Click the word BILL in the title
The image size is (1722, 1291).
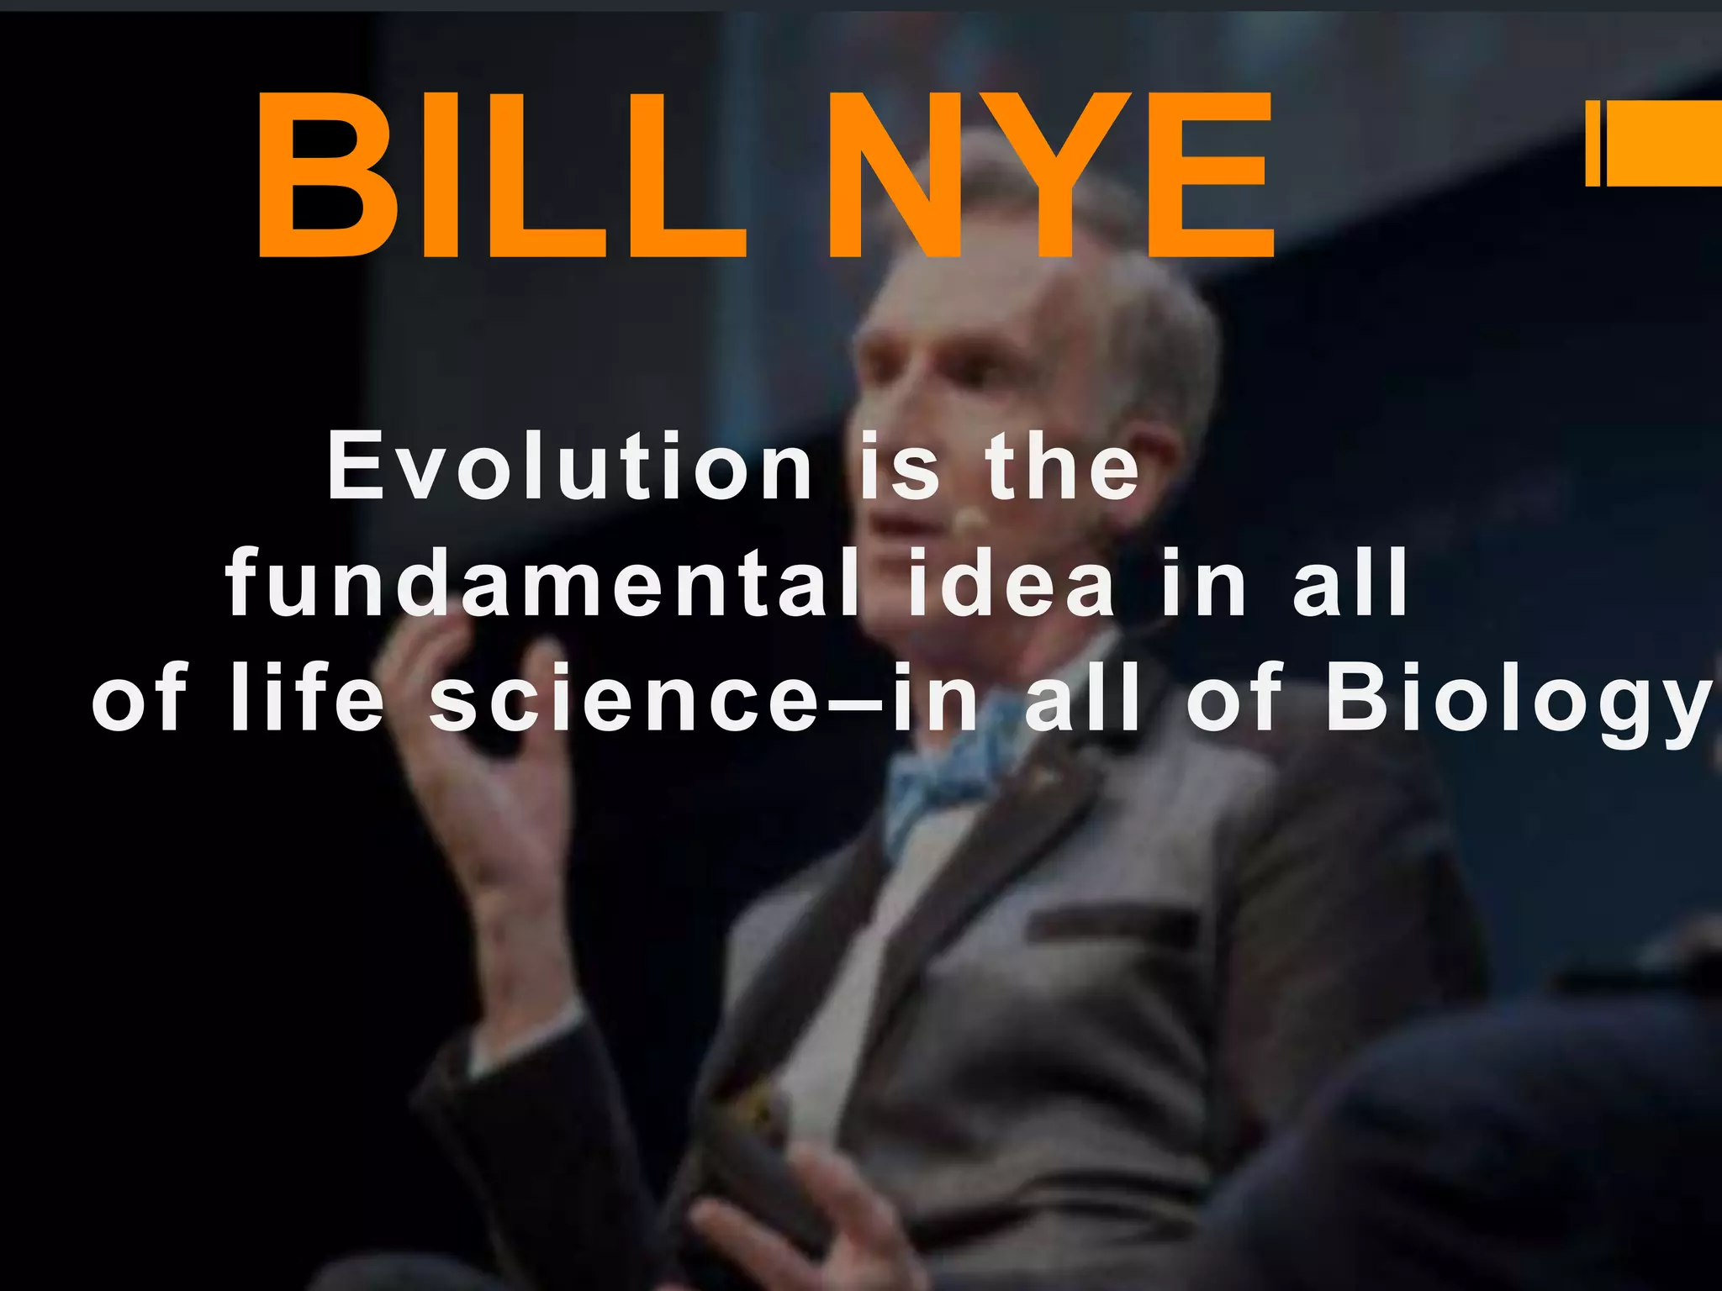[x=500, y=177]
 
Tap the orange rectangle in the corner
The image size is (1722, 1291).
[x=1656, y=143]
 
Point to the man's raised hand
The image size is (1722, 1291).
[x=479, y=756]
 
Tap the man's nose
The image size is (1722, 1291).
[x=870, y=437]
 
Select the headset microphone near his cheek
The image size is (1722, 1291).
[x=971, y=521]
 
